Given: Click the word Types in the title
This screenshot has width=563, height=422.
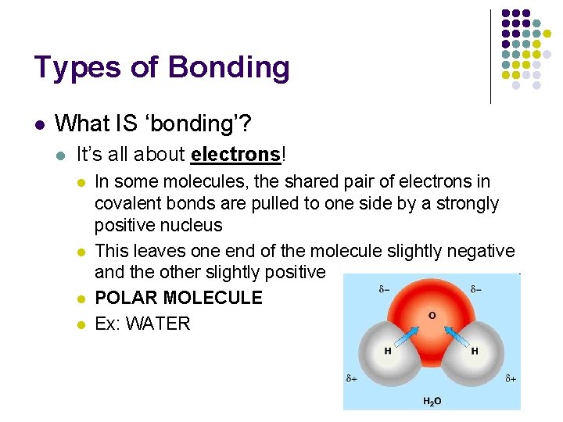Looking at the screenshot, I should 76,68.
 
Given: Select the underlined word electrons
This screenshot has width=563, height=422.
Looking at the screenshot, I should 235,155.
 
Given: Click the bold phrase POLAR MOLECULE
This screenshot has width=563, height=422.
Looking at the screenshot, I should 178,298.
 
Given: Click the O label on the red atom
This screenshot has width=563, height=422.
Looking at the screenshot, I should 432,316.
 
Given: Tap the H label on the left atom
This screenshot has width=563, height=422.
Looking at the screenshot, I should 388,351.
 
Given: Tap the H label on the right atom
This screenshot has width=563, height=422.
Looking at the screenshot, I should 475,351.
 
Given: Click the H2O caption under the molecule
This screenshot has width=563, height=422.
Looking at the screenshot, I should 432,401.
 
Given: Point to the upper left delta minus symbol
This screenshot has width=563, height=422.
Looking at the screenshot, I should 385,289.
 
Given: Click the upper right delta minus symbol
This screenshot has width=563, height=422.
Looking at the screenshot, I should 477,289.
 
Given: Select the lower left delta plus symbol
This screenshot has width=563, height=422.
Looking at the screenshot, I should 353,379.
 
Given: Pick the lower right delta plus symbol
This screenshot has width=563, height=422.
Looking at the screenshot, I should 511,379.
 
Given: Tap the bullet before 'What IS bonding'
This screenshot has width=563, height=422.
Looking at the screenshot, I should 39,124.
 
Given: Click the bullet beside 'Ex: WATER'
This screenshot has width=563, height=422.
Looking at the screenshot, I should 80,323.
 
